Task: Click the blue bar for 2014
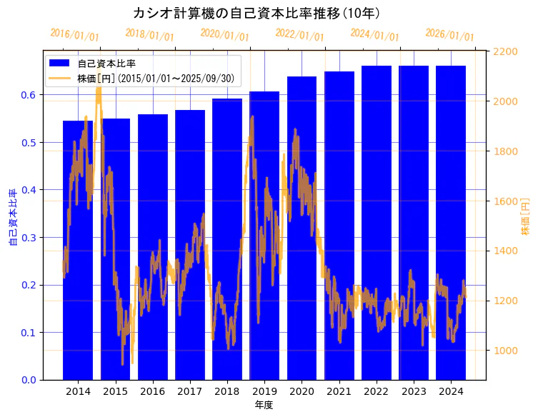78,250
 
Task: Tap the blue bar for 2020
302,228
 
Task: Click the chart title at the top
256,14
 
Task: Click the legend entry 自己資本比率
106,64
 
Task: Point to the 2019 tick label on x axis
264,391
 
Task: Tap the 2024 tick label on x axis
451,391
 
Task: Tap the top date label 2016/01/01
74,35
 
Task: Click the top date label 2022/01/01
299,35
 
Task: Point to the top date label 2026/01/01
449,35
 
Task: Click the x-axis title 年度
264,405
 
